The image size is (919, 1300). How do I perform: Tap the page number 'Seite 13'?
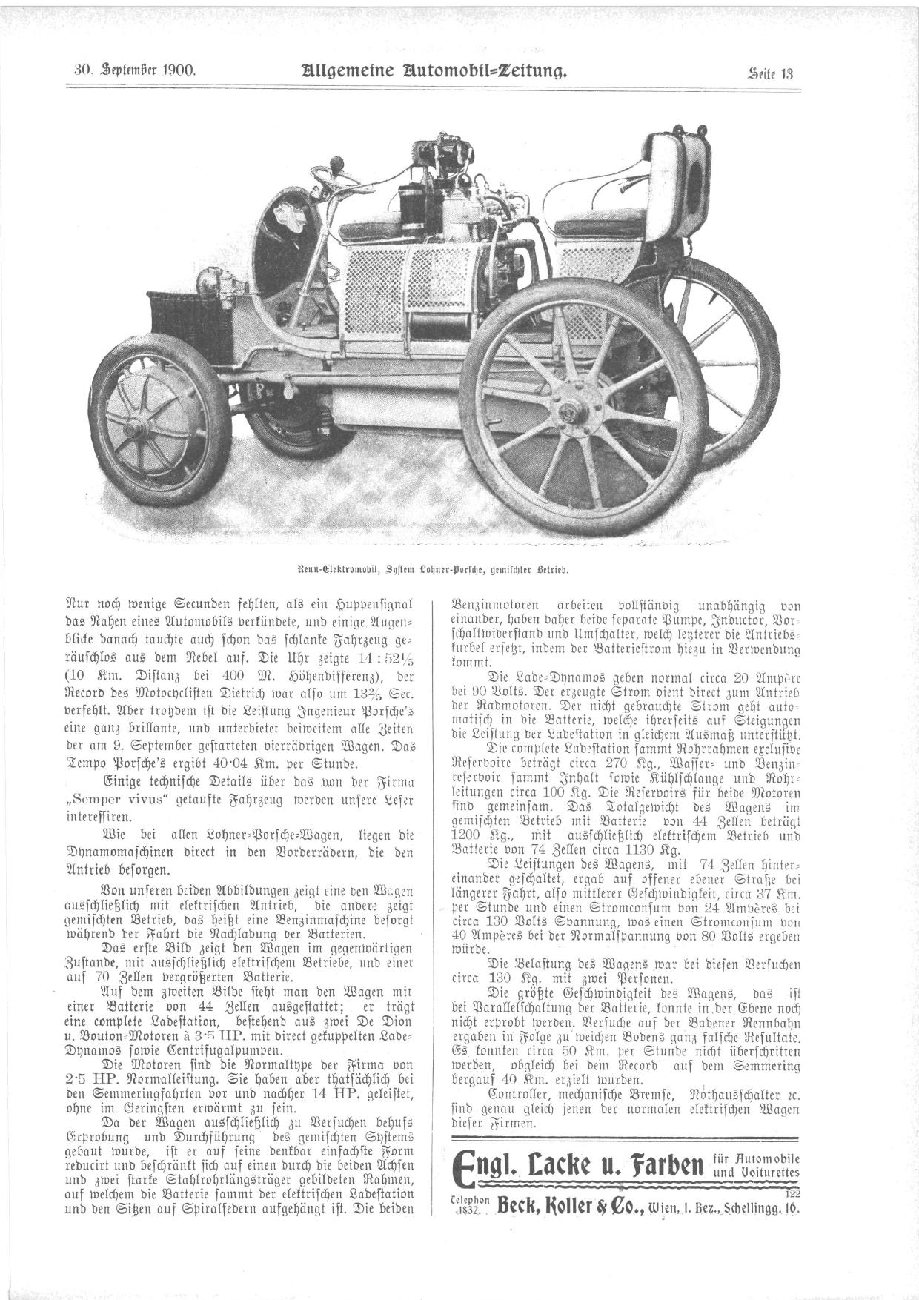[771, 73]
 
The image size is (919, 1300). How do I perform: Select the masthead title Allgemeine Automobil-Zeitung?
[434, 71]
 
